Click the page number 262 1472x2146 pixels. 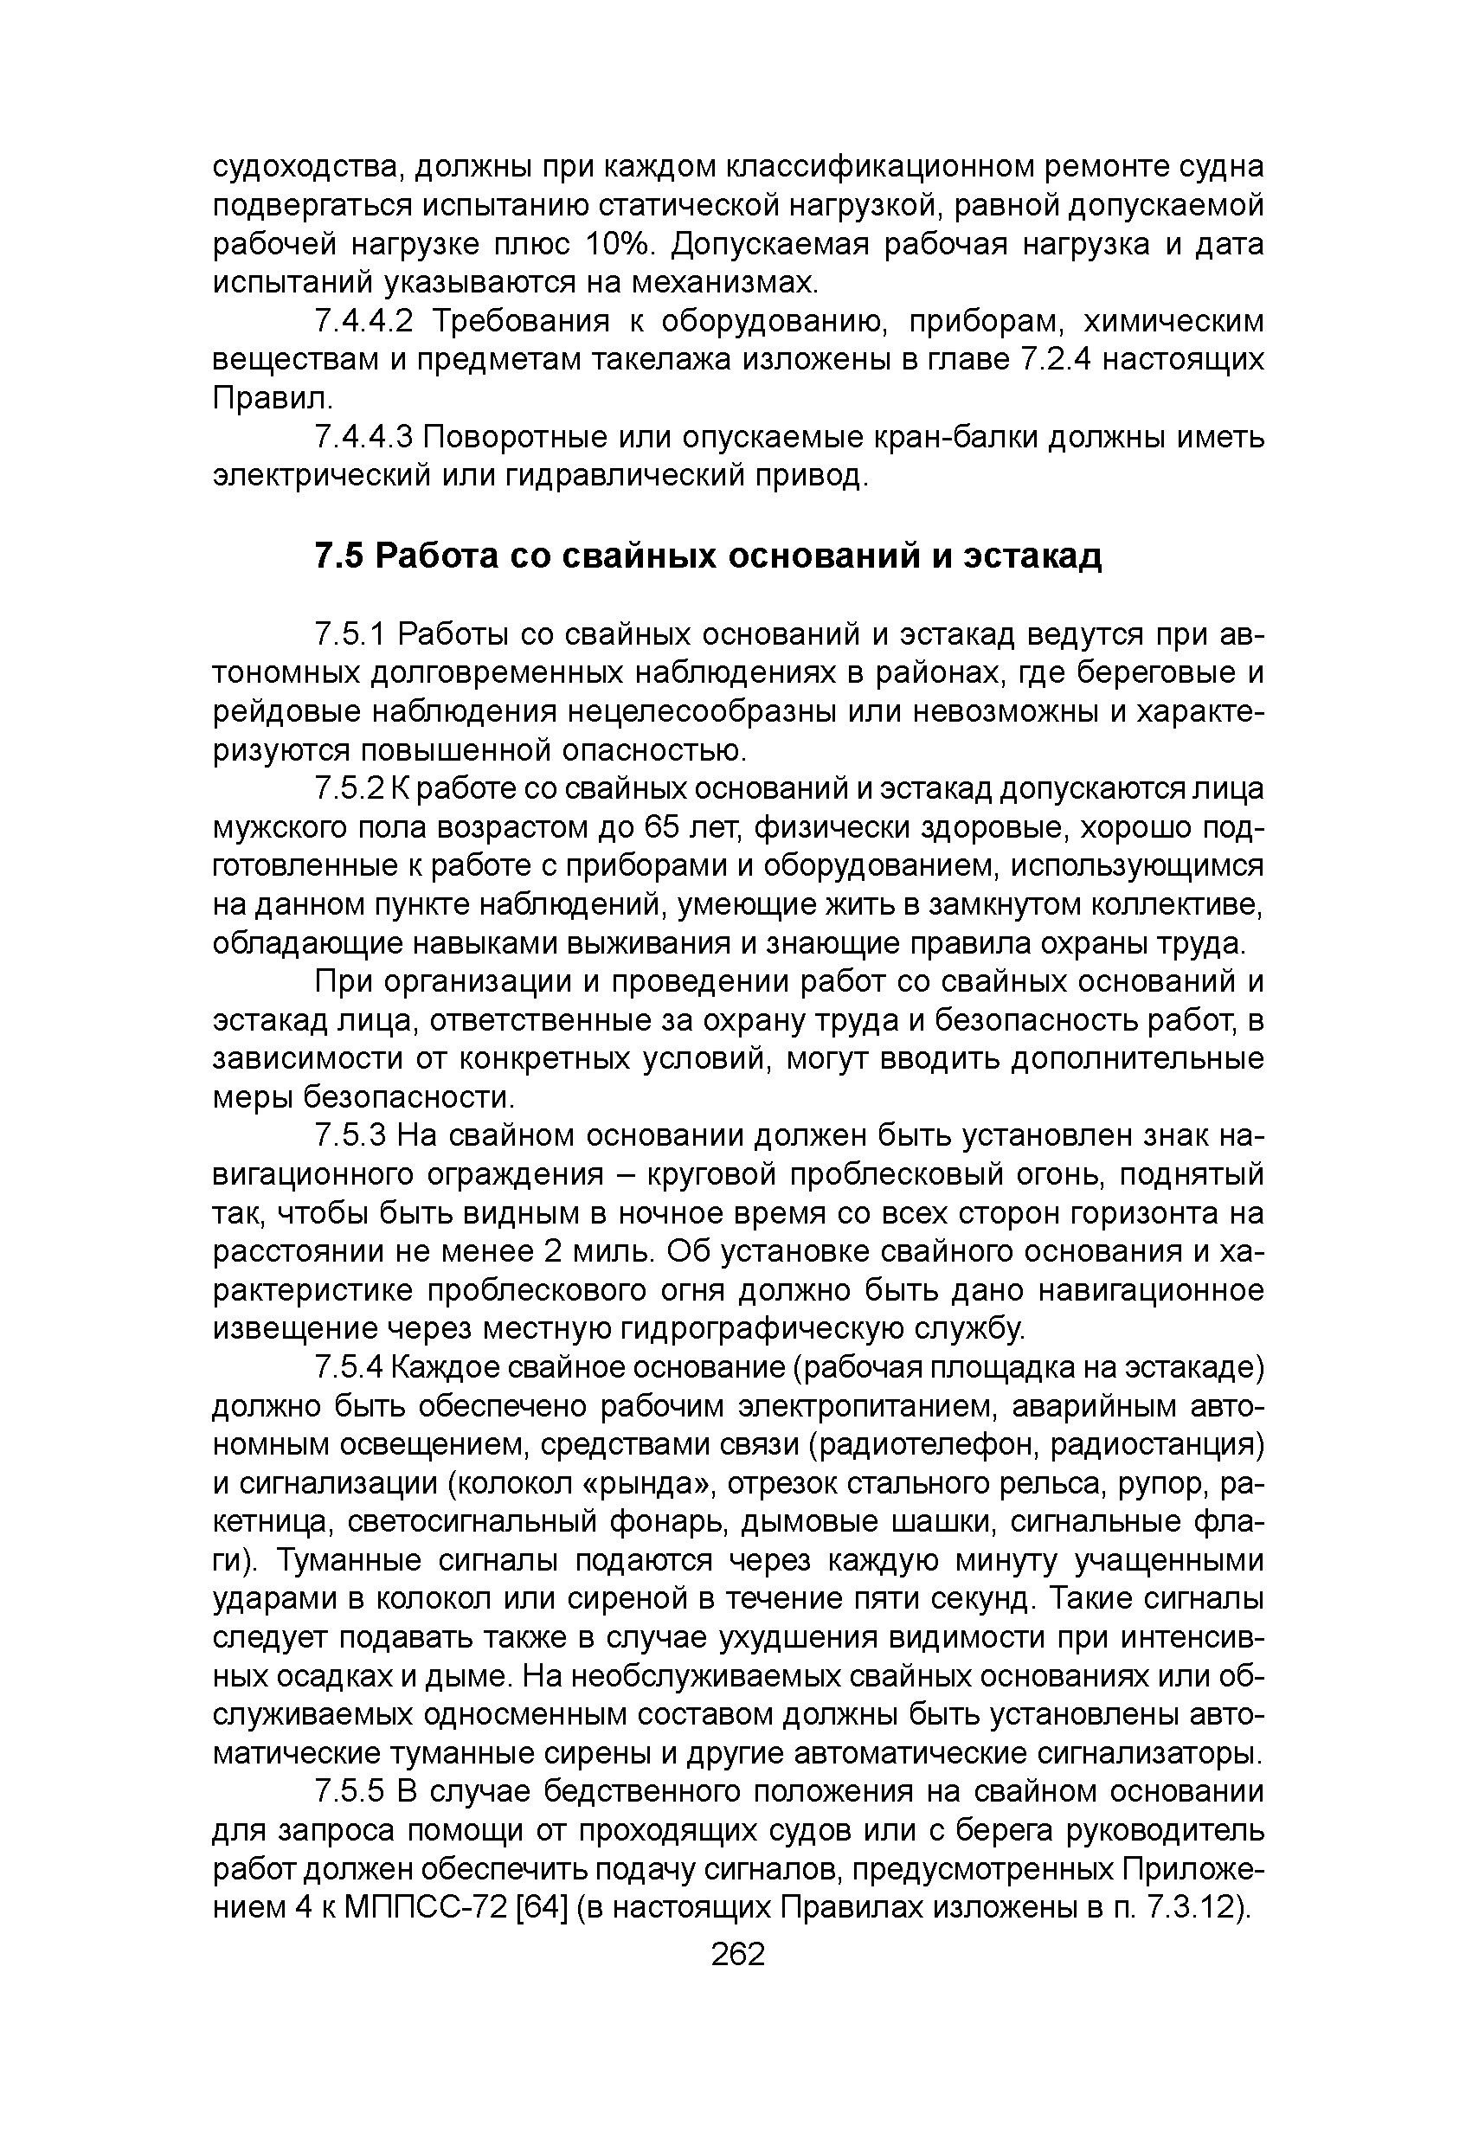738,1955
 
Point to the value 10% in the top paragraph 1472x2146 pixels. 619,245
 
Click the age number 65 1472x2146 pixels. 662,828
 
